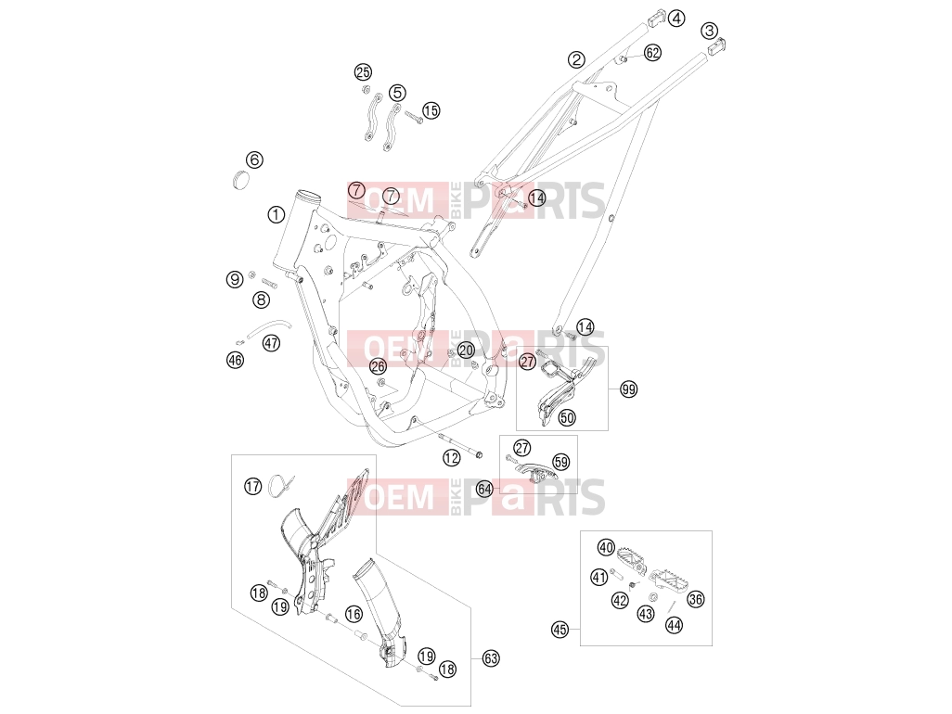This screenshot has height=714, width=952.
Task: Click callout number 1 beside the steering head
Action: [277, 214]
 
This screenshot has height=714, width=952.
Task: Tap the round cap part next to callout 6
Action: [241, 181]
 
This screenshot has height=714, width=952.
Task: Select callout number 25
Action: [363, 73]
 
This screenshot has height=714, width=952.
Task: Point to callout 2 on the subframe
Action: [576, 59]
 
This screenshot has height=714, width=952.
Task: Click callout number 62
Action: [652, 53]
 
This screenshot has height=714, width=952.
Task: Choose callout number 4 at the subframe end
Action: [676, 19]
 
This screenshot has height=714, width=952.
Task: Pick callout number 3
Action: [709, 31]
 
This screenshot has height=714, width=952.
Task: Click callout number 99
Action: [629, 389]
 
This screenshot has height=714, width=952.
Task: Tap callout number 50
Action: [567, 417]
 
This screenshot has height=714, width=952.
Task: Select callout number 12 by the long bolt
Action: [451, 458]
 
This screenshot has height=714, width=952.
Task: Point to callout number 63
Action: [491, 658]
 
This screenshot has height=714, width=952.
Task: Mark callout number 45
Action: [560, 630]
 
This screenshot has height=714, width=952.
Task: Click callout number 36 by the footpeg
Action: [695, 599]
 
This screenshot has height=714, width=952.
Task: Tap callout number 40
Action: [606, 547]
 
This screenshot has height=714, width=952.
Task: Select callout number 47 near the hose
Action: [271, 343]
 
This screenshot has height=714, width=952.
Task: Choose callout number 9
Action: [235, 280]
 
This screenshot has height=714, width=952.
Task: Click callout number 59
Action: [561, 463]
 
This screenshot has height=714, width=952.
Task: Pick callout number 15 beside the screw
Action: [431, 110]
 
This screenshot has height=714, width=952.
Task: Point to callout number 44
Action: [674, 625]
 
